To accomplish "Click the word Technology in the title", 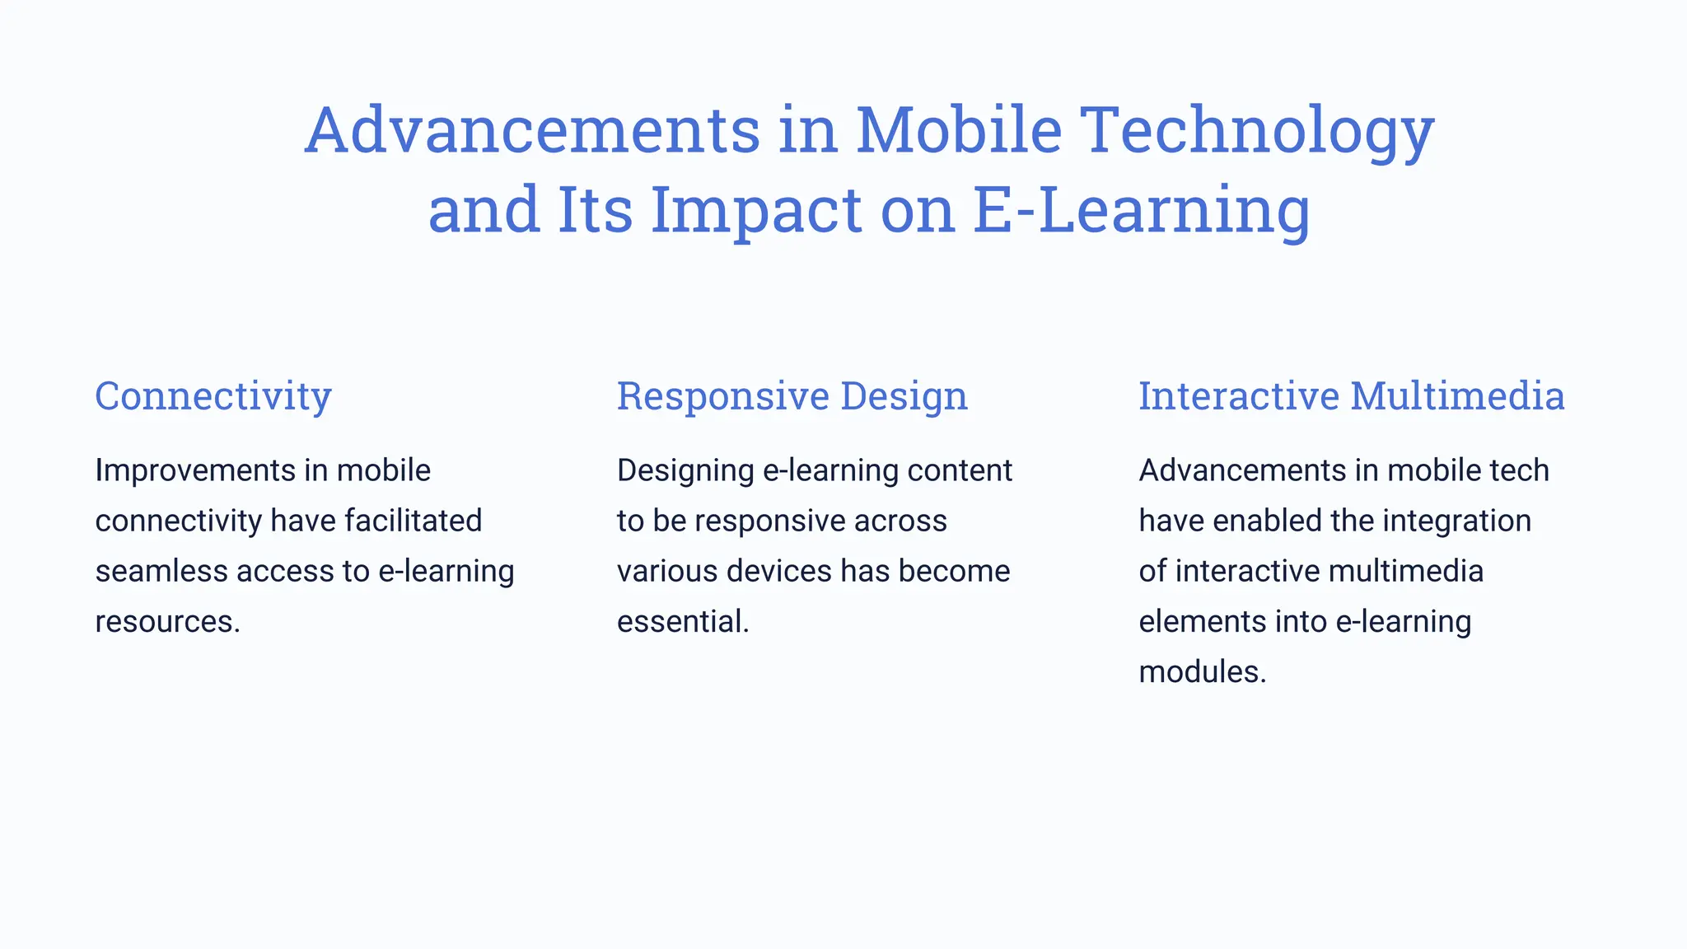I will [1257, 131].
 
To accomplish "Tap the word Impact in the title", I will [755, 210].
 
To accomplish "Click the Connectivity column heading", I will [213, 396].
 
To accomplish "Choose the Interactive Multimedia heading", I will [1351, 396].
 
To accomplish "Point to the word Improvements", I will [194, 470].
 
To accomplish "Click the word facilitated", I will [413, 521].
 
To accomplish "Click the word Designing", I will [685, 470].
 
